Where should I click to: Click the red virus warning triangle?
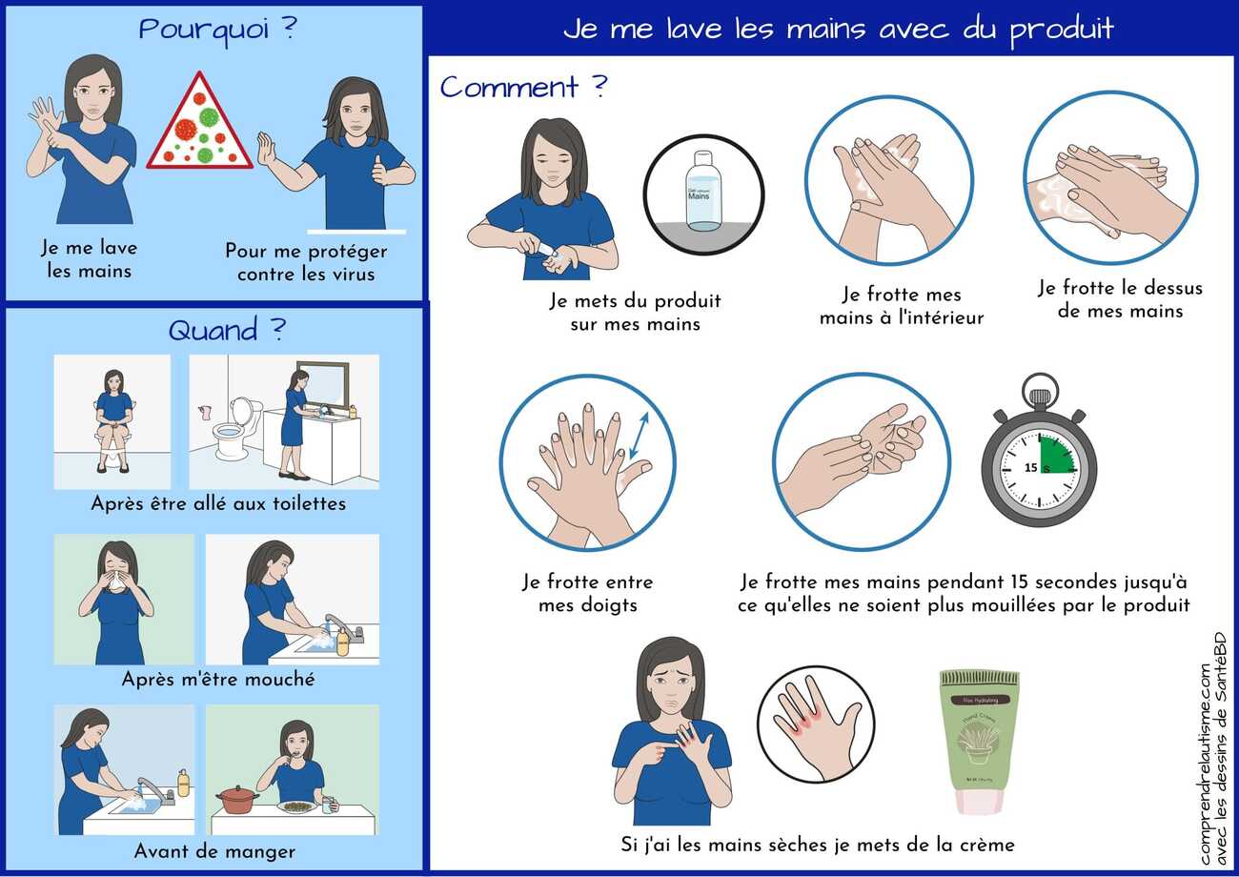click(199, 125)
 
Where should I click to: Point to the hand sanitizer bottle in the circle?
click(703, 194)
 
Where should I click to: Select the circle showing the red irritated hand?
click(816, 724)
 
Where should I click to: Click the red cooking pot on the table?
click(237, 798)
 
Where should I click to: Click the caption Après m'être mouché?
click(218, 680)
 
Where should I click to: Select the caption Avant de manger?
click(214, 851)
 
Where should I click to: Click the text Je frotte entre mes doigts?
click(587, 593)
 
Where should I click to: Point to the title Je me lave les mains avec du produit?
click(838, 29)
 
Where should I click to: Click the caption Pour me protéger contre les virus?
click(306, 262)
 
